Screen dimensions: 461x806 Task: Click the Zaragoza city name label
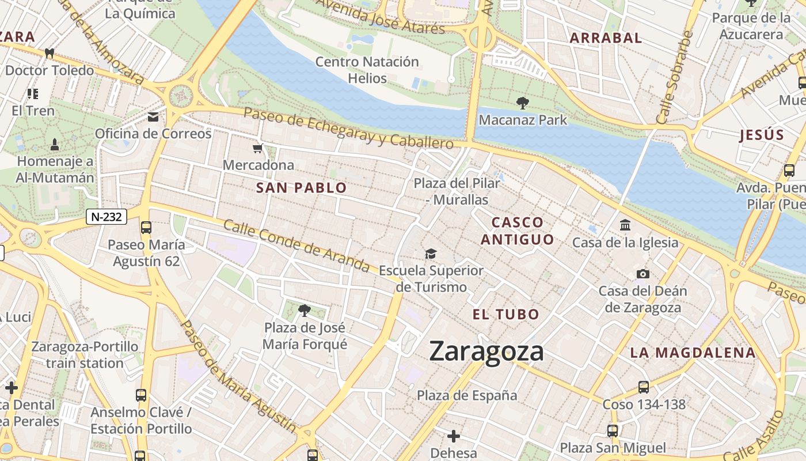(486, 352)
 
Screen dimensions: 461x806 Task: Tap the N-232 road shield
(107, 217)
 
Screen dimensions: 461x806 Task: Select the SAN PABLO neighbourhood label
(301, 188)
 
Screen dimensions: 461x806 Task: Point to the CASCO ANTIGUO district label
(517, 231)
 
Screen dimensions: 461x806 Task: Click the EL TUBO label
(505, 315)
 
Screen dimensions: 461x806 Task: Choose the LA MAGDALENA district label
(692, 353)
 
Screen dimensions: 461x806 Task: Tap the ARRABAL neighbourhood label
(605, 38)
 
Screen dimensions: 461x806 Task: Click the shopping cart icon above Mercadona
(258, 149)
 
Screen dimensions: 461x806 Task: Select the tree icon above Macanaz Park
(523, 103)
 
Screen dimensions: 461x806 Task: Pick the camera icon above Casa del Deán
(643, 274)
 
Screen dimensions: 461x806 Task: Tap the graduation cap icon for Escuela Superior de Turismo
(431, 254)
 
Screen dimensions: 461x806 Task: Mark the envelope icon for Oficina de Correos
(153, 117)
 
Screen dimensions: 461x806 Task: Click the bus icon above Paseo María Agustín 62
(146, 228)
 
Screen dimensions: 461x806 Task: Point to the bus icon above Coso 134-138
(644, 387)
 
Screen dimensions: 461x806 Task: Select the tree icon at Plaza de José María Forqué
(305, 311)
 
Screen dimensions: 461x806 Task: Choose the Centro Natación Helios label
(367, 70)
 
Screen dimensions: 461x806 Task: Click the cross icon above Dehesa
(454, 436)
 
